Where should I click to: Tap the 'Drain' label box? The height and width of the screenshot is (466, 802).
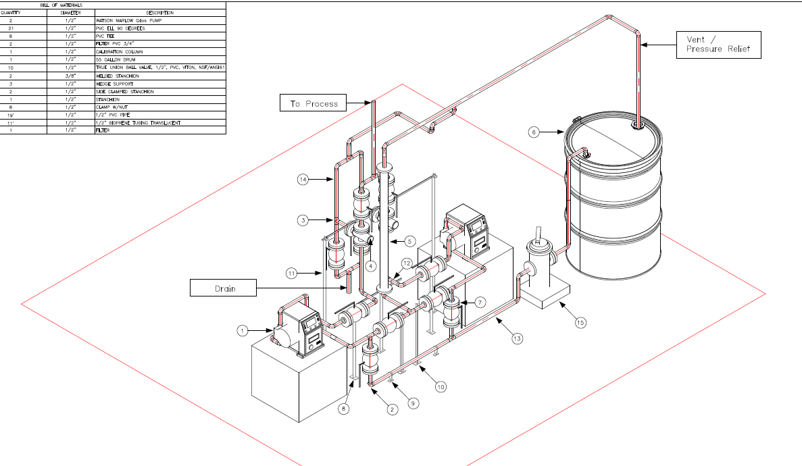[x=224, y=288]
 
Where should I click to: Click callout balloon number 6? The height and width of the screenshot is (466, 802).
[x=534, y=132]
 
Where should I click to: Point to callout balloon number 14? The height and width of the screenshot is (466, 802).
[x=303, y=179]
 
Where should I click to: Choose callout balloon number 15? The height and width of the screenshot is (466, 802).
[x=580, y=323]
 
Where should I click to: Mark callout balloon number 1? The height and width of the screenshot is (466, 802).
[x=243, y=330]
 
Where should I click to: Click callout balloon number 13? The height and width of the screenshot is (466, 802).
[x=517, y=338]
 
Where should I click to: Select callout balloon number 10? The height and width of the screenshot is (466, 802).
[x=441, y=387]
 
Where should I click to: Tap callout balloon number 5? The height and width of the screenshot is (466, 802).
[x=409, y=240]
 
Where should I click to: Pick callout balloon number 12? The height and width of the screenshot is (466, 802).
[x=406, y=263]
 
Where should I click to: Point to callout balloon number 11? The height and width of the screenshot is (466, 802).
[x=291, y=274]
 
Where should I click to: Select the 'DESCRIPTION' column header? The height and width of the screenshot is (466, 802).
[x=159, y=13]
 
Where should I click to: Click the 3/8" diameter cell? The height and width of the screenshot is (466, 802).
[x=70, y=76]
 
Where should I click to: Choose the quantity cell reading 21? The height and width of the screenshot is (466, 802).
[x=11, y=28]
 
